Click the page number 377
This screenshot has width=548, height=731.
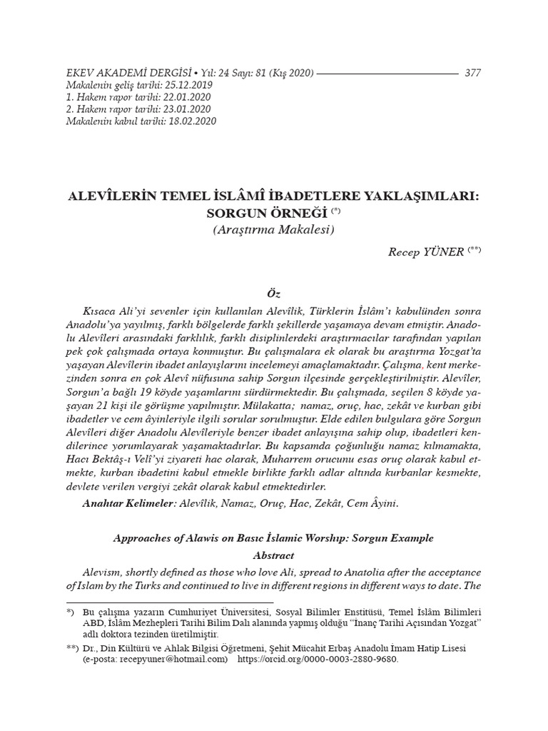(x=472, y=73)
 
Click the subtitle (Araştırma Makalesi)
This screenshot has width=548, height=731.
(x=274, y=230)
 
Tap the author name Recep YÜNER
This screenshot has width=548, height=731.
(x=426, y=252)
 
